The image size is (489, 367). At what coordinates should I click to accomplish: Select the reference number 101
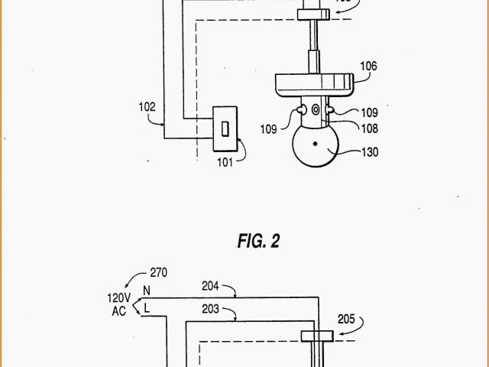[x=225, y=161]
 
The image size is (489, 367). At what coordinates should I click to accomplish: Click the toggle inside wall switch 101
[x=225, y=128]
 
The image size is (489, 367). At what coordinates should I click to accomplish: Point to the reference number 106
[x=368, y=67]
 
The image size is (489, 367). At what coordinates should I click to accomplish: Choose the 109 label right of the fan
[x=370, y=112]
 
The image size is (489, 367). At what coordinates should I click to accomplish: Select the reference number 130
[x=370, y=151]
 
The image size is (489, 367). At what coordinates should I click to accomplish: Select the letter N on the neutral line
[x=145, y=291]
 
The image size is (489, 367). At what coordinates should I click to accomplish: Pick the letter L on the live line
[x=145, y=307]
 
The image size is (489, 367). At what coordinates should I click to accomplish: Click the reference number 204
[x=211, y=286]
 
